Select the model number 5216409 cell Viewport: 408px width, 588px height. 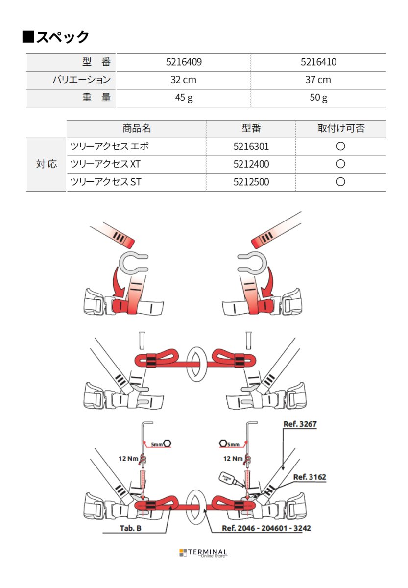pyautogui.click(x=184, y=62)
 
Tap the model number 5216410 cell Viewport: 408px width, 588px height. pyautogui.click(x=318, y=62)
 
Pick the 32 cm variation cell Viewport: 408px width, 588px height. pyautogui.click(x=184, y=80)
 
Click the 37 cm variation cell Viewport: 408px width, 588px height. pyautogui.click(x=318, y=80)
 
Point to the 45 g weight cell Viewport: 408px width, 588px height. pyautogui.click(x=184, y=98)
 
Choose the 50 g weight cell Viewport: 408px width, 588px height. pyautogui.click(x=318, y=98)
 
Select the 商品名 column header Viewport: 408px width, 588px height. pyautogui.click(x=136, y=129)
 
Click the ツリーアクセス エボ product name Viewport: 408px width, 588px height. pyautogui.click(x=110, y=147)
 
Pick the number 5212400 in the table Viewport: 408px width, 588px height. pyautogui.click(x=251, y=164)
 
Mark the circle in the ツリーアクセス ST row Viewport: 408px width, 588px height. pyautogui.click(x=341, y=182)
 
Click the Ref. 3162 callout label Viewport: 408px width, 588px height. pyautogui.click(x=309, y=477)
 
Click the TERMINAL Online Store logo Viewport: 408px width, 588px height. pyautogui.click(x=203, y=553)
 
